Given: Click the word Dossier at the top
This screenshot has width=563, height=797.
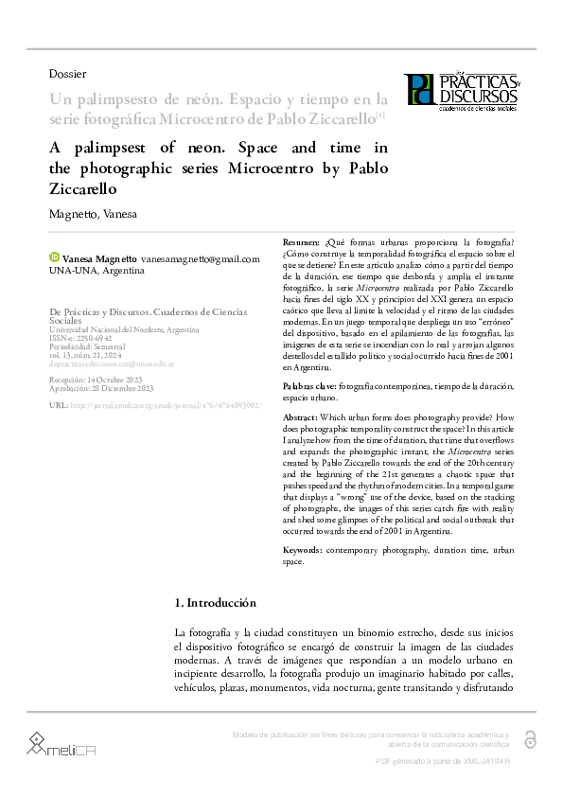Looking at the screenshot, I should pos(67,74).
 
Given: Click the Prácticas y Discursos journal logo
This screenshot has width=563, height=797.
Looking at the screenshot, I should pos(461,90).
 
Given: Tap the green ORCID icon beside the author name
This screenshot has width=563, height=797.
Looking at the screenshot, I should pos(54,257).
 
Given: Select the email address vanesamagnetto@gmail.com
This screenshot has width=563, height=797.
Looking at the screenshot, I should pos(200,258).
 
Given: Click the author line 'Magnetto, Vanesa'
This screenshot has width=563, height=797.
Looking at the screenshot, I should pos(93,214).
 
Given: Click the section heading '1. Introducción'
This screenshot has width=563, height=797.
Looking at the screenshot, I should pos(216,603).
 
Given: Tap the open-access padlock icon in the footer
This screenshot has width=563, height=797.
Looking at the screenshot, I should pos(530,738).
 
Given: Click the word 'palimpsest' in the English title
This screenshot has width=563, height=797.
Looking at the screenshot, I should pos(109,149).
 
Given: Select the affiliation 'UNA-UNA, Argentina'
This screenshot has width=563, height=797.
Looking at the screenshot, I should pos(97,271).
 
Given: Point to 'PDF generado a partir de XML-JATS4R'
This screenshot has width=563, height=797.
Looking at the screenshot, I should pos(443,761).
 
